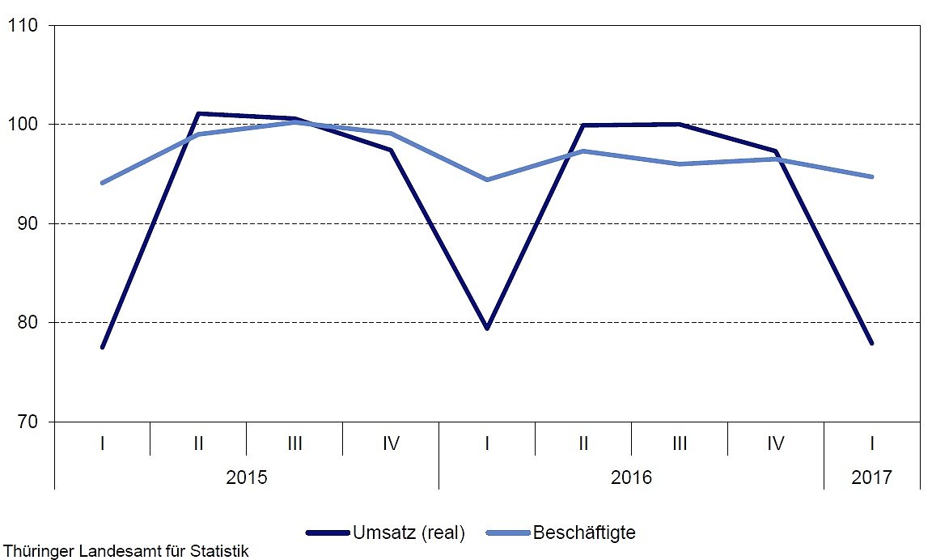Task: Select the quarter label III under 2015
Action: pyautogui.click(x=294, y=443)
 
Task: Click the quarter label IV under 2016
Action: pyautogui.click(x=775, y=443)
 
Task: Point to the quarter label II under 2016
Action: pyautogui.click(x=583, y=443)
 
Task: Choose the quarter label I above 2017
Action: pyautogui.click(x=871, y=443)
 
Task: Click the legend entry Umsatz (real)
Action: pyautogui.click(x=408, y=532)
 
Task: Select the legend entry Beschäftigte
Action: pyautogui.click(x=584, y=532)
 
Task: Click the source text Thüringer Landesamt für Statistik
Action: pyautogui.click(x=125, y=552)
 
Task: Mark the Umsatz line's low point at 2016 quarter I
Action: pyautogui.click(x=487, y=328)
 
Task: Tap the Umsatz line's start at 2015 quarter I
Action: pyautogui.click(x=103, y=347)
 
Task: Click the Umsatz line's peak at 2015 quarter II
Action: pyautogui.click(x=199, y=113)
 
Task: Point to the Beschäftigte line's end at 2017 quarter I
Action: pyautogui.click(x=871, y=176)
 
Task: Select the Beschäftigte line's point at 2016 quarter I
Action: pyautogui.click(x=487, y=180)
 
